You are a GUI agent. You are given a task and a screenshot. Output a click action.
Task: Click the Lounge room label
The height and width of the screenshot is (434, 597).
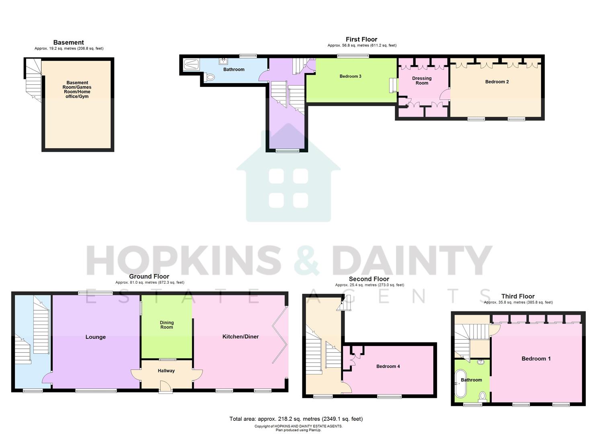point(95,337)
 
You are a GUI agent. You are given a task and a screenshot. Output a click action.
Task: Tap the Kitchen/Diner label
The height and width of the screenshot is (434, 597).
point(240,337)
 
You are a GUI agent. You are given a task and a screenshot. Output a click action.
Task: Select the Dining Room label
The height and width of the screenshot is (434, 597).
point(166,325)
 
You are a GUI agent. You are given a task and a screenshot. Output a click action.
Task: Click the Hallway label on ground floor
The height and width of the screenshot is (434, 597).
point(166,371)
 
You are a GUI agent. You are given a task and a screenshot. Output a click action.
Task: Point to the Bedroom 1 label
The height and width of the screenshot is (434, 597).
point(536,359)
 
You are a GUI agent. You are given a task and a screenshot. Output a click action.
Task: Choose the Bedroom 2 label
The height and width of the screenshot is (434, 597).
point(497,82)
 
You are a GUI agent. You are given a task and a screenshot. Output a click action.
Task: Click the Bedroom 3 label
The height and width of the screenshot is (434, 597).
point(350,76)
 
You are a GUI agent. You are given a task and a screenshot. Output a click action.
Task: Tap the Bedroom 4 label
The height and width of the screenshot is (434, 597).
point(388,366)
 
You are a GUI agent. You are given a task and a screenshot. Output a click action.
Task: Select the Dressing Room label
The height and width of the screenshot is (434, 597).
point(422,81)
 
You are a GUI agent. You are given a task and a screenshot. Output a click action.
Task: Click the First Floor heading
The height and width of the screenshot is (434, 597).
point(361,39)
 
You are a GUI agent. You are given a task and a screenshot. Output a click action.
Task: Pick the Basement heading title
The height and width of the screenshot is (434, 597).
point(68,43)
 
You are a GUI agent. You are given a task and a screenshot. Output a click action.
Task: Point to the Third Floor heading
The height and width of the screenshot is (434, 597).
point(518,297)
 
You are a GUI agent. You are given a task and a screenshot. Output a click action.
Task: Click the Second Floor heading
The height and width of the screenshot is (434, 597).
point(369,279)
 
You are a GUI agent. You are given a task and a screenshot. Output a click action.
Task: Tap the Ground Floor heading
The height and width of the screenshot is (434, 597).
point(149,276)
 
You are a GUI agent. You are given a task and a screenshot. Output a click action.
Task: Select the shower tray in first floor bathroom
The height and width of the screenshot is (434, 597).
point(189,64)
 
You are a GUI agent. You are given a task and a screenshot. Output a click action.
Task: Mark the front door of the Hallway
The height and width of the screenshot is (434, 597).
point(165,386)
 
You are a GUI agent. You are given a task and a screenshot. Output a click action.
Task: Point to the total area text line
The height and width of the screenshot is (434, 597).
point(296,419)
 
